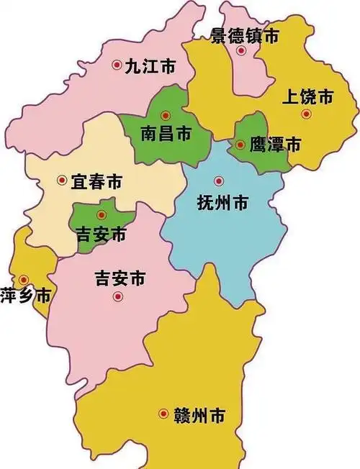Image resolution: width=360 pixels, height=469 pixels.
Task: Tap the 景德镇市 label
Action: [x=245, y=35]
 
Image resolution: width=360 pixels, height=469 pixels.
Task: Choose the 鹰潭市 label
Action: [x=274, y=145]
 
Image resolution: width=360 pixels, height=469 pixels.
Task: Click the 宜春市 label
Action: [x=96, y=182]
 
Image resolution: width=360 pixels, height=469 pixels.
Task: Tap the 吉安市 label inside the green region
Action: [x=102, y=234]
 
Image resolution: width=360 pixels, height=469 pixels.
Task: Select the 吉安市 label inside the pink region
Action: [x=121, y=277]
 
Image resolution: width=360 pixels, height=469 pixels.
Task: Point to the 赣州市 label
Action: [x=199, y=415]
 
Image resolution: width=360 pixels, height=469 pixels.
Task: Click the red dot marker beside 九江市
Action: [x=117, y=65]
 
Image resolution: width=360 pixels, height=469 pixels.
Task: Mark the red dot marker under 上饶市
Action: [x=306, y=114]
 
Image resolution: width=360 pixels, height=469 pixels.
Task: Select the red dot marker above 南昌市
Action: [x=166, y=114]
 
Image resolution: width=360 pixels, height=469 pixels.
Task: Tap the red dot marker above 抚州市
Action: [x=219, y=181]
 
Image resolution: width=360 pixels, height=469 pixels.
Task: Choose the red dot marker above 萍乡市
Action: [x=24, y=279]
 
